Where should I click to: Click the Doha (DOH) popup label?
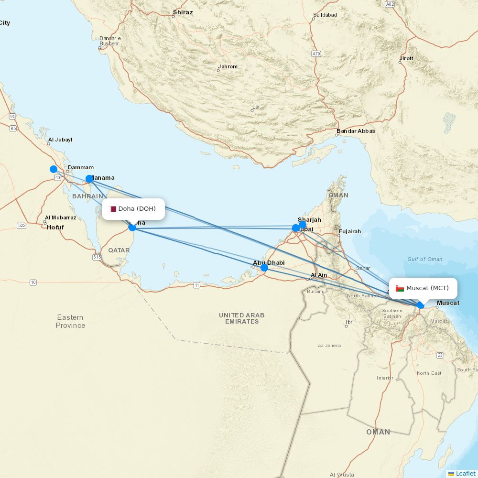coord(133,209)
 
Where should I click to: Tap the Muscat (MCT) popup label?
coord(423,288)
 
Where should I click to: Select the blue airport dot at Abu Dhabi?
coord(264,268)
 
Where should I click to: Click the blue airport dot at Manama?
coord(89,179)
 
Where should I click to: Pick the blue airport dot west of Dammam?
coord(54,169)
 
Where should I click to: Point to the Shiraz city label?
coord(183,12)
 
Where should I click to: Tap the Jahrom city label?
coord(228,66)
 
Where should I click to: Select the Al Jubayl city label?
coord(60,140)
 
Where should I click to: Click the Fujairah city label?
coord(349,231)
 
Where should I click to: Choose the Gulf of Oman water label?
coord(424,259)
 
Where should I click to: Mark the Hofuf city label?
coord(55,228)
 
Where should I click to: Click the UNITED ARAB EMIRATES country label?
coord(242,318)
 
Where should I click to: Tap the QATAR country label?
coord(119,250)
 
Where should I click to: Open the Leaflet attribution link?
coord(465,473)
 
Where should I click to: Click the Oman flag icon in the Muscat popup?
coord(400,288)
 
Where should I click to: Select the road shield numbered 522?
coord(22,226)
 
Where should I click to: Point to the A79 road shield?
coord(316,54)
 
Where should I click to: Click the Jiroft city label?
coord(406,58)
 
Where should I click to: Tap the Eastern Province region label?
coord(70,321)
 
